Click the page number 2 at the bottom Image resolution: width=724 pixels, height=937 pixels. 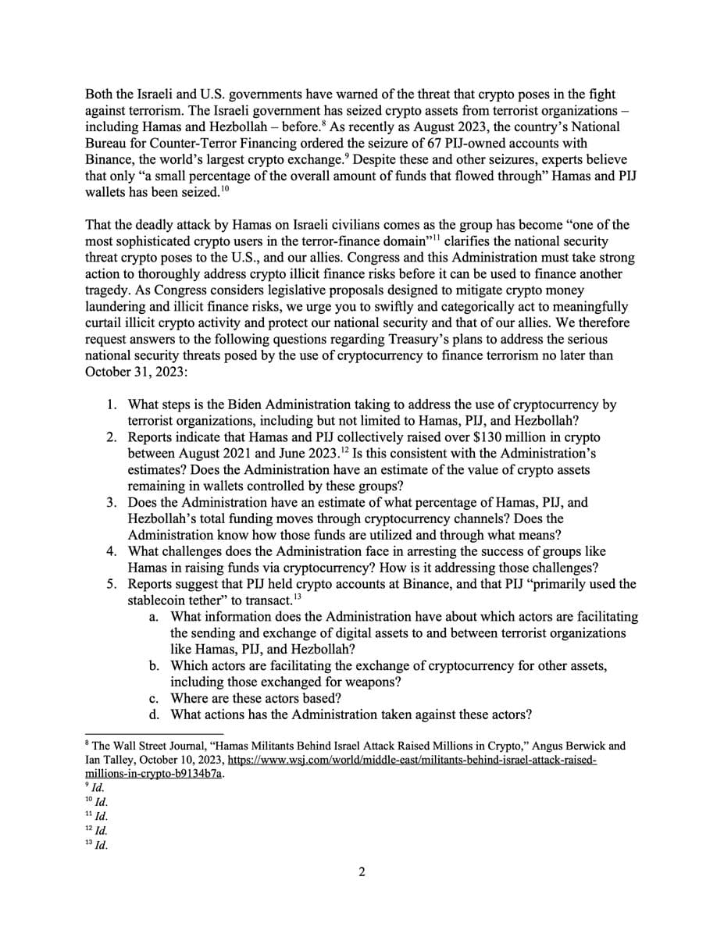tap(362, 872)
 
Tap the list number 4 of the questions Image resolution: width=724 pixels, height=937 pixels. tap(112, 551)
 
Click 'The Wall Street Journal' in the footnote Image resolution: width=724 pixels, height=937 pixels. tap(144, 746)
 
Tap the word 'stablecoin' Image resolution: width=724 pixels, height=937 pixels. tap(162, 600)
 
